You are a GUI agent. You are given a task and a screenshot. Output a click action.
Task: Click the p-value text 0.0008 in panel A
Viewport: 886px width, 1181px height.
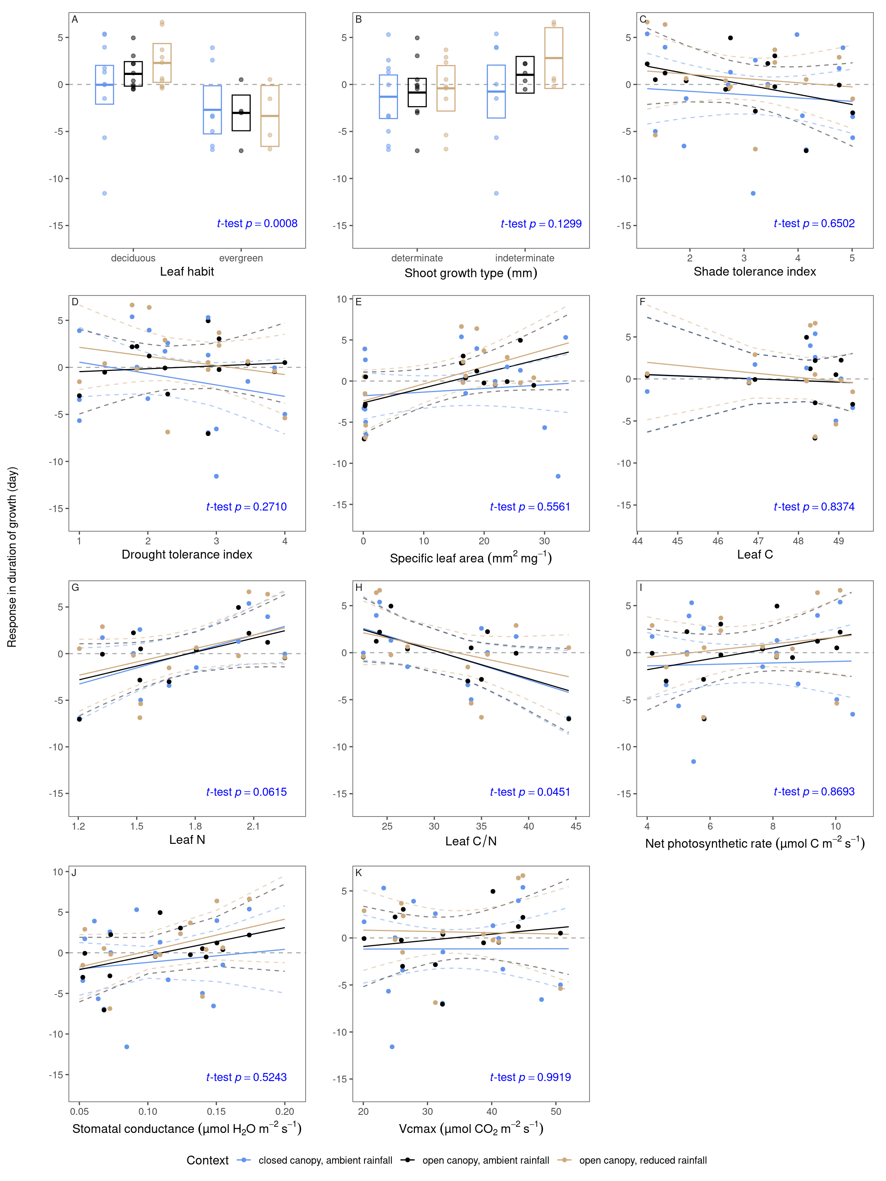tap(280, 224)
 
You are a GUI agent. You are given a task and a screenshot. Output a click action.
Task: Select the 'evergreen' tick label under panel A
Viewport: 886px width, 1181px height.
tap(241, 258)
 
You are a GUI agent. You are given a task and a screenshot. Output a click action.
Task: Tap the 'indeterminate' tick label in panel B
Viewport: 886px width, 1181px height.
tap(525, 258)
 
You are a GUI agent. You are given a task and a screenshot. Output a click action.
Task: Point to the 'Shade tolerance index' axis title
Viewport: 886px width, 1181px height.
tap(754, 272)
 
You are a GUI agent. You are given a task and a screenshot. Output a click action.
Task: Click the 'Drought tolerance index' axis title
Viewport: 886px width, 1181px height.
tap(187, 555)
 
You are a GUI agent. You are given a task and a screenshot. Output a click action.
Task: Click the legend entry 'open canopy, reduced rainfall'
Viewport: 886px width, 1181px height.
tap(643, 1161)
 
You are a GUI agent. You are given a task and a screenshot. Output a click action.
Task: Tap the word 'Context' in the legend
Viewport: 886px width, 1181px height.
tap(207, 1161)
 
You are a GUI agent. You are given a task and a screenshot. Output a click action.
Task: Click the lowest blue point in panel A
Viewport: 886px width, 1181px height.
tap(105, 193)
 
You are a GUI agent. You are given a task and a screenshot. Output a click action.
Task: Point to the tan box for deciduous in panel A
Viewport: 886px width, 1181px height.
tap(162, 63)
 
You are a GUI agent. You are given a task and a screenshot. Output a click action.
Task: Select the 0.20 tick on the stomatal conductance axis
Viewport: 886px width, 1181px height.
tap(285, 1111)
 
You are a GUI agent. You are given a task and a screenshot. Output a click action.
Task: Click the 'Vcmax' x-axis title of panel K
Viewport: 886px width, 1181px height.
tap(471, 1129)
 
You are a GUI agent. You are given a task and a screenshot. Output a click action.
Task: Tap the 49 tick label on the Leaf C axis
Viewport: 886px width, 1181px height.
tap(838, 541)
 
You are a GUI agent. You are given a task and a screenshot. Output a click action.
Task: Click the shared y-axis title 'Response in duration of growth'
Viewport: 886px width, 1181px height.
tap(12, 557)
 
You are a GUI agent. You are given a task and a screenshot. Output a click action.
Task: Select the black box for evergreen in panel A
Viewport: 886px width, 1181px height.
tap(241, 113)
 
